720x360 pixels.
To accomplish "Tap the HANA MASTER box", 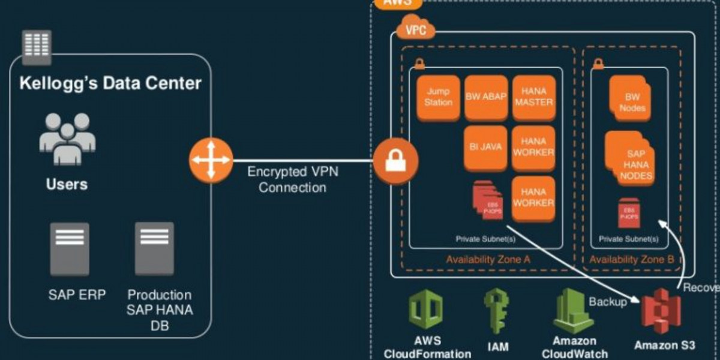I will point(533,97).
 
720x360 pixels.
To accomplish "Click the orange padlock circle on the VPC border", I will point(395,160).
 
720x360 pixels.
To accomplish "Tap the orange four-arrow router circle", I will point(211,160).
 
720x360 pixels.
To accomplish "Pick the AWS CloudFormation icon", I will point(426,310).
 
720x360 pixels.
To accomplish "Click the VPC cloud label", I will point(415,29).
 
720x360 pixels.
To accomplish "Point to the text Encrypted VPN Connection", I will point(293,179).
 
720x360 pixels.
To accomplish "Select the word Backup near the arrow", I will point(607,301).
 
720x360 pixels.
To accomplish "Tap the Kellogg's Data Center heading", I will point(110,83).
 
